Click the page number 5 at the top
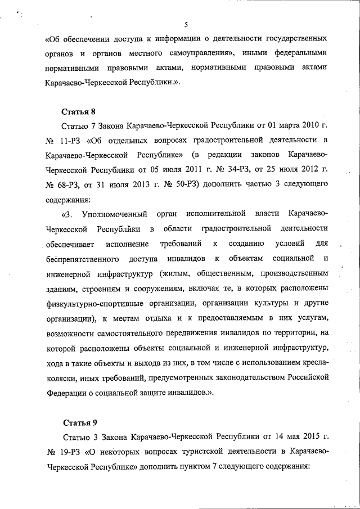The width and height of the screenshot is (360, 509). [185, 23]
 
